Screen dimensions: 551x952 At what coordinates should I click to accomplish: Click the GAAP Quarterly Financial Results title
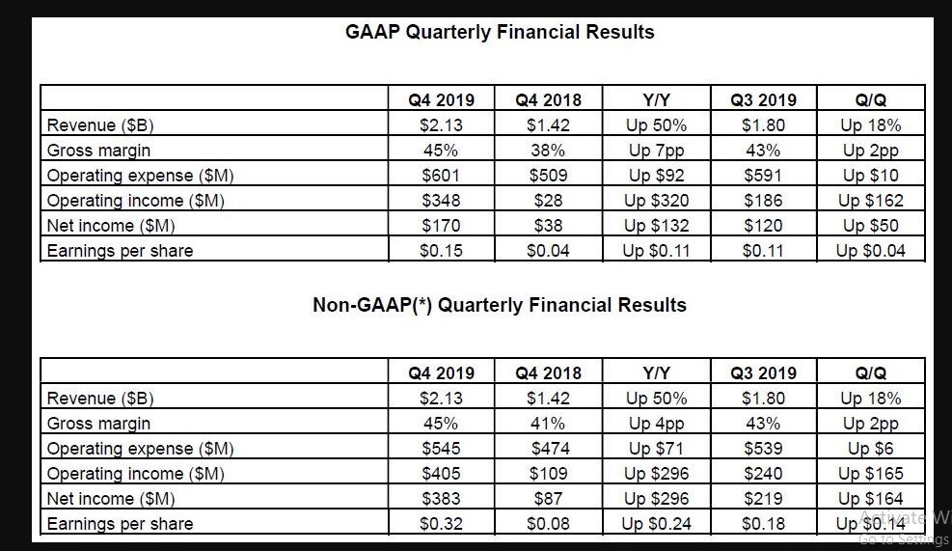pos(500,32)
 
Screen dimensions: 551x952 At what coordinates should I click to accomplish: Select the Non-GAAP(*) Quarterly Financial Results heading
pos(500,305)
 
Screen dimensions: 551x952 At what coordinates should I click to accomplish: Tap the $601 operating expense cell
pos(442,176)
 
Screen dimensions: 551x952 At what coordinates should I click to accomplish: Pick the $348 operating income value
pos(442,201)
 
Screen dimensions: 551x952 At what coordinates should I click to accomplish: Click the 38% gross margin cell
pos(548,151)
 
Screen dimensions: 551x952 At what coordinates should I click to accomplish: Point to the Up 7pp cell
pos(657,151)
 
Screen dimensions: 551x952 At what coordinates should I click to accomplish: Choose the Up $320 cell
pos(657,201)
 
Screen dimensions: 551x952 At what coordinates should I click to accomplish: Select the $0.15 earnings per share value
pos(442,251)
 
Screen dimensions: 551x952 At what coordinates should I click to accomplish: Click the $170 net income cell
pos(442,226)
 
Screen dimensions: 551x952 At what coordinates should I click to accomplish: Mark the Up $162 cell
pos(871,201)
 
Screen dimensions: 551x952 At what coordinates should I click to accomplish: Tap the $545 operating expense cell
pos(442,449)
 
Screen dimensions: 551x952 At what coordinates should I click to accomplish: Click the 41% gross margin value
pos(548,424)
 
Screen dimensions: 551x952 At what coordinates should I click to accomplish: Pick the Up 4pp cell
pos(657,424)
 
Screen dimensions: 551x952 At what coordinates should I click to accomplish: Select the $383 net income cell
pos(442,499)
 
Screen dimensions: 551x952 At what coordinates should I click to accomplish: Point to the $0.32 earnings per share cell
pos(442,524)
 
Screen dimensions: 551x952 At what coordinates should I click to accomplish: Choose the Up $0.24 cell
pos(657,524)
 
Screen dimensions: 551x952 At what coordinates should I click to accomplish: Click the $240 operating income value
pos(763,474)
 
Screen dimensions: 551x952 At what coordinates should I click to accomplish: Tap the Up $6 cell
pos(871,449)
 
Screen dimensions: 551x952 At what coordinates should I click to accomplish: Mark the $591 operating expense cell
pos(763,176)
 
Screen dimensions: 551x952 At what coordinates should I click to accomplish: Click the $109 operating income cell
pos(548,474)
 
